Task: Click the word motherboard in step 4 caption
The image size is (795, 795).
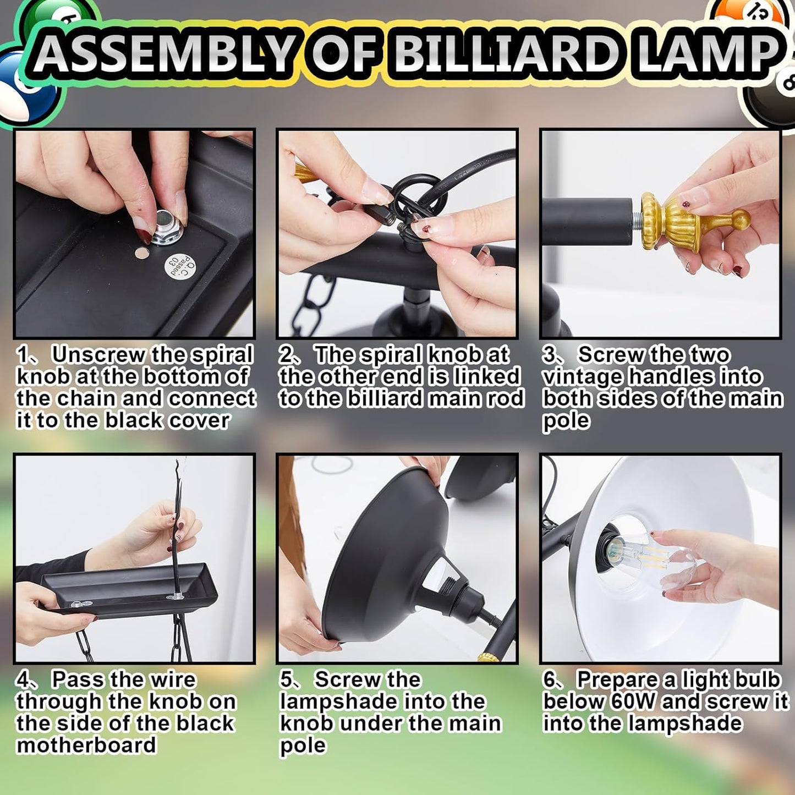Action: [86, 745]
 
